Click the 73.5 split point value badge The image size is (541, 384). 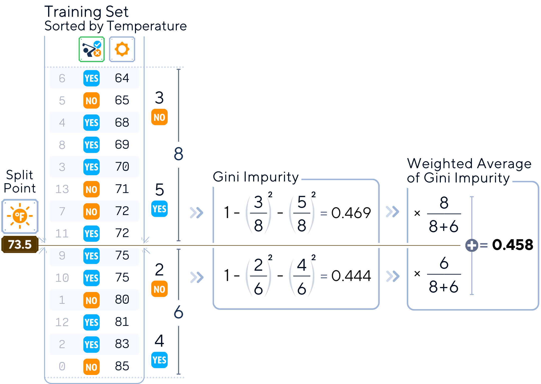click(x=20, y=245)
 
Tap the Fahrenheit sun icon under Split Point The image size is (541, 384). click(x=20, y=216)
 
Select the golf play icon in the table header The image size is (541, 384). click(x=92, y=49)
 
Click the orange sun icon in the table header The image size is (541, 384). click(x=122, y=49)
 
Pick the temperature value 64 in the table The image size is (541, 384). click(x=122, y=78)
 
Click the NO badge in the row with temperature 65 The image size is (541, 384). click(x=91, y=101)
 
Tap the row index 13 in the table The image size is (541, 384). click(x=62, y=189)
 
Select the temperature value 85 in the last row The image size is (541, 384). click(x=122, y=366)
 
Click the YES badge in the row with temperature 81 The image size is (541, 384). click(x=91, y=322)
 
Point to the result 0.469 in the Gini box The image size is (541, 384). click(x=351, y=213)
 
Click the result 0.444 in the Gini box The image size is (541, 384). click(x=351, y=276)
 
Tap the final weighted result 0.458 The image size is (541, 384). click(x=513, y=245)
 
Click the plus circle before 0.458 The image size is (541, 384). click(x=472, y=245)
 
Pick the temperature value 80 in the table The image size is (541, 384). click(x=122, y=300)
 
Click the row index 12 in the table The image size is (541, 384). click(x=62, y=322)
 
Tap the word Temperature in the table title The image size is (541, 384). click(x=147, y=26)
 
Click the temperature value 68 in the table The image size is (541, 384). click(x=122, y=123)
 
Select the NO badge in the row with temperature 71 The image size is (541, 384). click(x=91, y=189)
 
